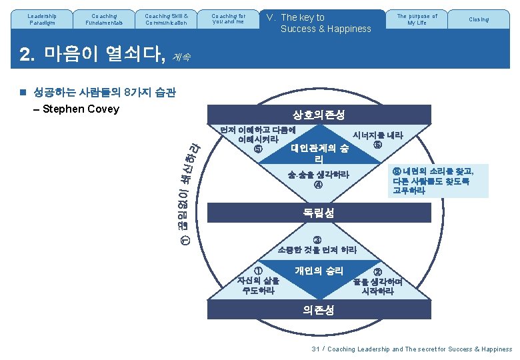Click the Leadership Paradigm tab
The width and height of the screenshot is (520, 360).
(x=42, y=19)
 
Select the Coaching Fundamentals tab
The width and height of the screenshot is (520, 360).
(x=103, y=19)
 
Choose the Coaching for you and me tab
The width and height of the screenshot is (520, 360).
(x=227, y=19)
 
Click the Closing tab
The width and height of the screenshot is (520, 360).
(x=478, y=19)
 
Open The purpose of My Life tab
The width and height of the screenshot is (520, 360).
(x=417, y=19)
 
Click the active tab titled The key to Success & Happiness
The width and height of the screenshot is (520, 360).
(x=320, y=23)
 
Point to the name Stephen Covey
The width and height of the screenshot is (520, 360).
(x=80, y=109)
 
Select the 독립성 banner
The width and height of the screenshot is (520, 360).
(x=319, y=213)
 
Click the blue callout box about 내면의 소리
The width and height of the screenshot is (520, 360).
(x=432, y=181)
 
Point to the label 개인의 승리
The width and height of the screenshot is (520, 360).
(x=319, y=271)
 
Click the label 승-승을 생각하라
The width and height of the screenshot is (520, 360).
(x=318, y=175)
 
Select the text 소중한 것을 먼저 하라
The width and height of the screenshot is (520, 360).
(x=317, y=250)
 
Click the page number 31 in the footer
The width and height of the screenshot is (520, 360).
(x=315, y=349)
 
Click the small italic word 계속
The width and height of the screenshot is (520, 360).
(x=181, y=58)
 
